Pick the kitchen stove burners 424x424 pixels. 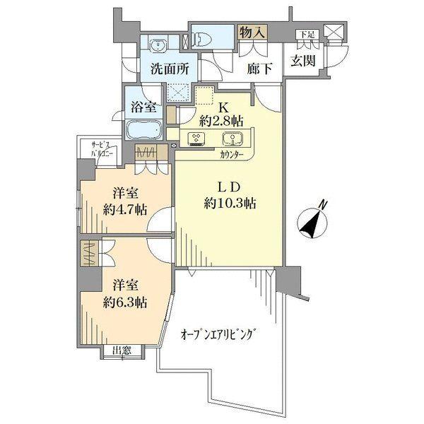coord(196,138)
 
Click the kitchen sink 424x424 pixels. coord(230,138)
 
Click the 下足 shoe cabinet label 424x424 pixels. coord(305,33)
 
